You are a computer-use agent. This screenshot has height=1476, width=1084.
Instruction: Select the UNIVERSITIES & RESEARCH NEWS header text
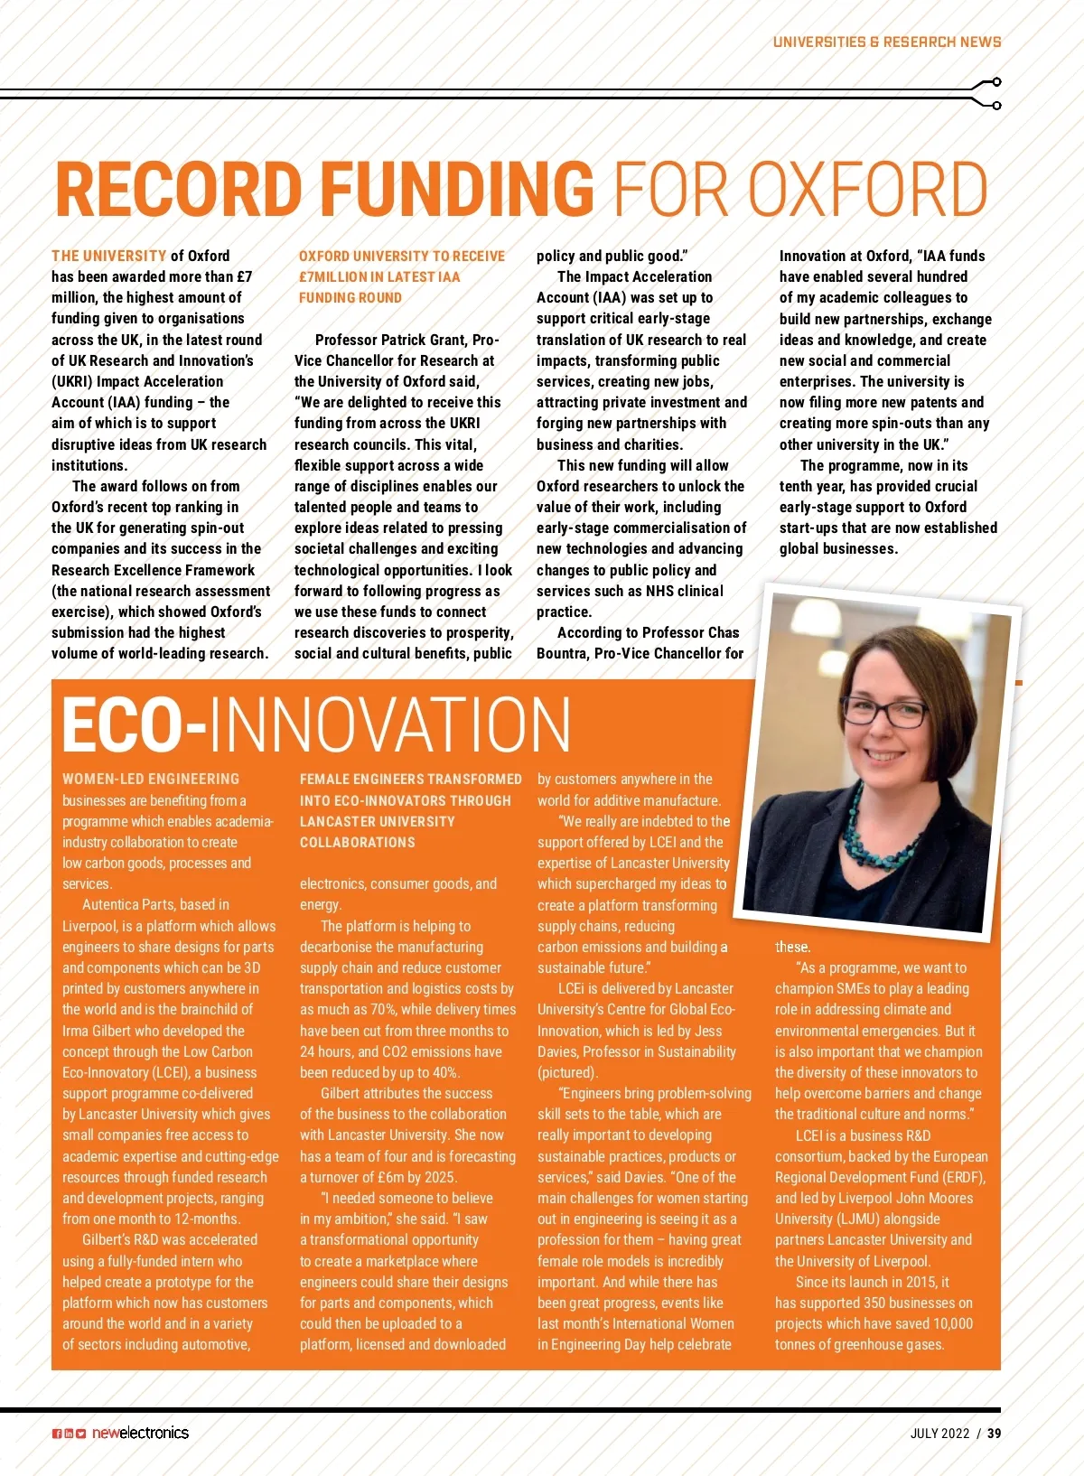(886, 42)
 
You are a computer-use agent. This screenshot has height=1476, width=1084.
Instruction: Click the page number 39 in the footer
(994, 1434)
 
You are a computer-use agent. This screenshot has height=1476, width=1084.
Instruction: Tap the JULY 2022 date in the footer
(939, 1434)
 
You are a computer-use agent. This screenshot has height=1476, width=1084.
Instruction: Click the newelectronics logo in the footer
(140, 1433)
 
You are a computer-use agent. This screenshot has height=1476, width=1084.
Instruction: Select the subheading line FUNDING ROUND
(350, 298)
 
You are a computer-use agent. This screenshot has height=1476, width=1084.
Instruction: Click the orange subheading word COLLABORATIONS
(358, 843)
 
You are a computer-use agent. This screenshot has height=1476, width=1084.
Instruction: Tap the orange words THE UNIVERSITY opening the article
(109, 257)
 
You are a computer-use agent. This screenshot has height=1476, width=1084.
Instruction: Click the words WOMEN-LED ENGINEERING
(151, 780)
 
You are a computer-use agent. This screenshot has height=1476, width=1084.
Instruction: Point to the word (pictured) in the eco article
(567, 1073)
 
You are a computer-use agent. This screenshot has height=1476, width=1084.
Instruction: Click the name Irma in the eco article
(77, 1032)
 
